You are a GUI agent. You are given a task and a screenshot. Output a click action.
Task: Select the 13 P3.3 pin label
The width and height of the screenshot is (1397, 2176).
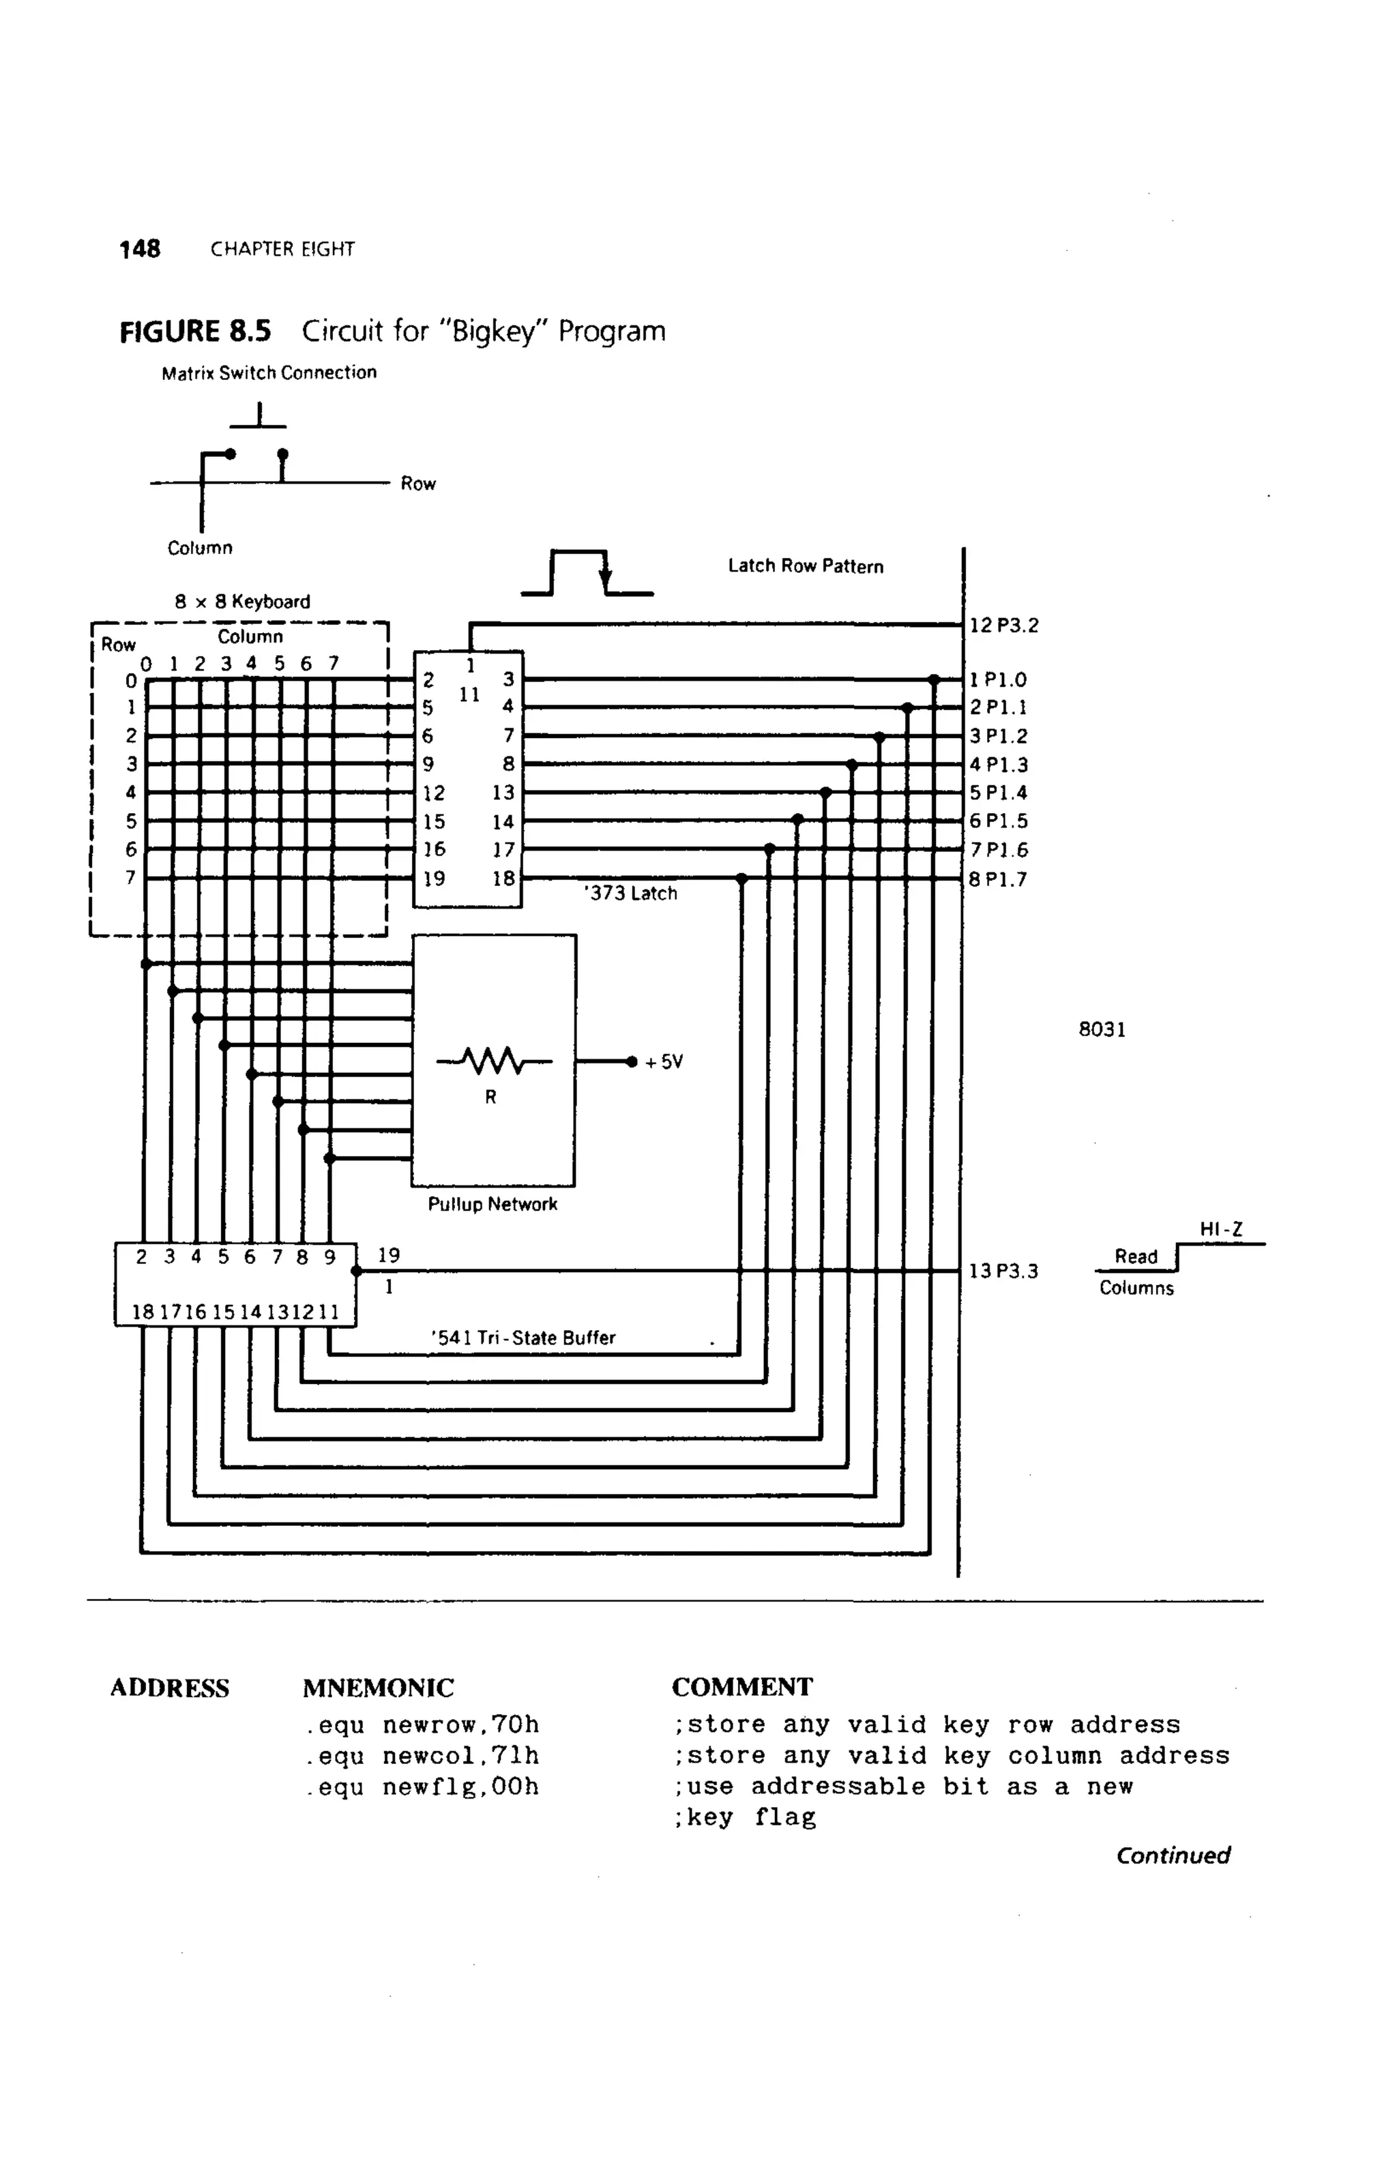[x=1003, y=1271]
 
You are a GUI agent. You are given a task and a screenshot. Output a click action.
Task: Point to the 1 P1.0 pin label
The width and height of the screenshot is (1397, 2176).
[x=998, y=679]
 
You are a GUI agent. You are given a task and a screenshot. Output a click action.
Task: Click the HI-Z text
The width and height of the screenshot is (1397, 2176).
[x=1221, y=1229]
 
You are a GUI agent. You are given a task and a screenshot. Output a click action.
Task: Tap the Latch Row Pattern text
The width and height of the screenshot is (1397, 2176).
[x=806, y=566]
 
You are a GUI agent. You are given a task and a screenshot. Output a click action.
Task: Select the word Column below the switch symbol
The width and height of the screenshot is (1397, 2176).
[x=200, y=548]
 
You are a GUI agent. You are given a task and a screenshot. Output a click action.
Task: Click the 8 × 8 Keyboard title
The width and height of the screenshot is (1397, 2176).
[x=242, y=602]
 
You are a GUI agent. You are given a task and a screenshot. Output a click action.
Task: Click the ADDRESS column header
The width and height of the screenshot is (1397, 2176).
[x=170, y=1688]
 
